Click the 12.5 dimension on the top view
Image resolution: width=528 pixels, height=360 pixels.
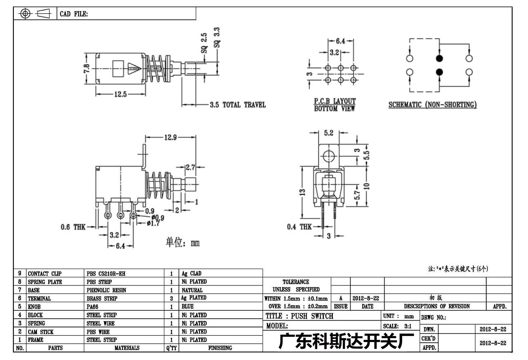click(x=120, y=94)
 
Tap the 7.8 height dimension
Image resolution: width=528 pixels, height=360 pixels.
click(x=87, y=69)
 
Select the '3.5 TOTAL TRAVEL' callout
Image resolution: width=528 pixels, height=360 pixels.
click(x=238, y=105)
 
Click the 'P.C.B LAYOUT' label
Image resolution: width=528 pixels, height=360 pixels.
click(x=335, y=101)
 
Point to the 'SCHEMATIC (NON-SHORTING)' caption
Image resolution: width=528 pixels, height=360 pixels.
click(x=432, y=105)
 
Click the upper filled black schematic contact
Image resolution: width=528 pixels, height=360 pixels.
click(x=439, y=58)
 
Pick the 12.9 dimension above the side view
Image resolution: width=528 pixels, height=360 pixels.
click(x=171, y=137)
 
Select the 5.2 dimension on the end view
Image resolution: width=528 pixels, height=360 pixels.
click(x=328, y=133)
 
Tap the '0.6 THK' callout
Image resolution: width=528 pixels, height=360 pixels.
click(x=73, y=227)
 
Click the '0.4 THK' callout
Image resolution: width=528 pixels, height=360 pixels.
click(x=299, y=227)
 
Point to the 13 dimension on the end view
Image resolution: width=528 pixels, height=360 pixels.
click(x=302, y=192)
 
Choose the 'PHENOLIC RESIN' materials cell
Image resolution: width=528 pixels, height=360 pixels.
click(x=106, y=290)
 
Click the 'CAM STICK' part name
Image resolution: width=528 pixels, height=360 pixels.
click(x=41, y=332)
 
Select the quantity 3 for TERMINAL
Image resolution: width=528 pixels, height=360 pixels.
click(x=171, y=299)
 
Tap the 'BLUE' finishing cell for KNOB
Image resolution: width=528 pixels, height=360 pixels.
click(x=188, y=307)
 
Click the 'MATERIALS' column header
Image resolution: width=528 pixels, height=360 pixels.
click(x=127, y=348)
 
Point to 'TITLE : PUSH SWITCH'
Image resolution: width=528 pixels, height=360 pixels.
click(x=299, y=316)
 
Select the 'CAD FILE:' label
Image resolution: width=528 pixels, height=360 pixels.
click(x=74, y=14)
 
